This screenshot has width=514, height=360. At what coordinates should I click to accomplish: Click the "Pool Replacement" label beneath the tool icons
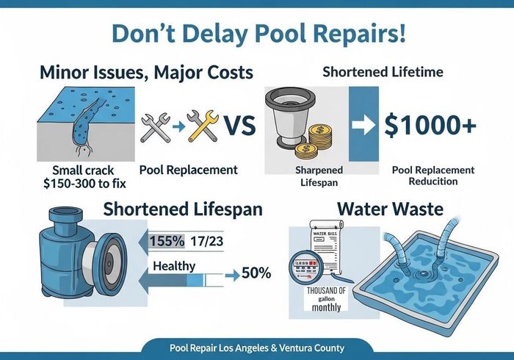(x=188, y=170)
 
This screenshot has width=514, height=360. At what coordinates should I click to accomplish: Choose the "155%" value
(x=167, y=240)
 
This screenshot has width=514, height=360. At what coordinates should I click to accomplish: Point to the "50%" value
(x=256, y=273)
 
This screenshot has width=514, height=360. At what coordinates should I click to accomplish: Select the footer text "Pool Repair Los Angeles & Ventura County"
(x=257, y=348)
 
